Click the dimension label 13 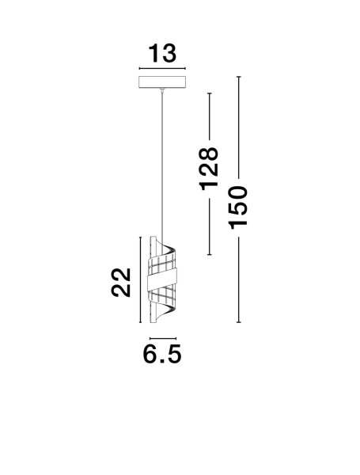click(x=162, y=54)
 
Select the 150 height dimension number click(x=238, y=207)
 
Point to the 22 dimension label click(x=121, y=283)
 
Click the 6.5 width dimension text click(x=162, y=354)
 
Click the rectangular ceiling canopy click(x=162, y=82)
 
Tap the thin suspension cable click(x=162, y=166)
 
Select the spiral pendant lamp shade click(x=162, y=279)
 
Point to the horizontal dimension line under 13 click(x=162, y=68)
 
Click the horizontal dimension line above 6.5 click(x=163, y=338)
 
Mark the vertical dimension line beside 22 click(x=140, y=279)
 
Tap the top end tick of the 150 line click(x=239, y=77)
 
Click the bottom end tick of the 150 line click(x=239, y=322)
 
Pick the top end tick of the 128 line click(x=209, y=93)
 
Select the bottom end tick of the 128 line click(x=209, y=254)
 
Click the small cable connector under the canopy click(x=162, y=89)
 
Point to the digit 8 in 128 click(x=209, y=154)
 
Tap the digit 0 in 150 click(x=238, y=193)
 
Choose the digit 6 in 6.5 click(x=150, y=354)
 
